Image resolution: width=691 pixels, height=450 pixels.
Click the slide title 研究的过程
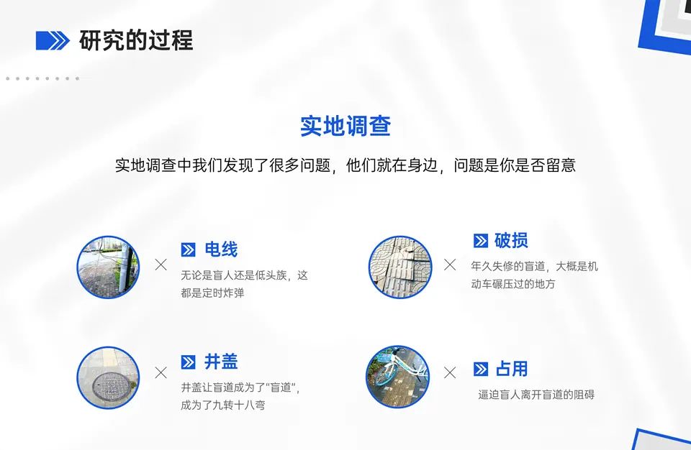(136, 41)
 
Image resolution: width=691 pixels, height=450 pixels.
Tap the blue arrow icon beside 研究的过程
(53, 41)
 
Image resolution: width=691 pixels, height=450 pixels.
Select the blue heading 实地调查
(345, 127)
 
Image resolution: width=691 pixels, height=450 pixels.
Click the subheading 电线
(221, 250)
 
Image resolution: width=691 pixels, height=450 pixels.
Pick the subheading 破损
(511, 241)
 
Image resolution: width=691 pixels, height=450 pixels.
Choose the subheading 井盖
(221, 362)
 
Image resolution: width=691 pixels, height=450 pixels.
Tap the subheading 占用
(512, 369)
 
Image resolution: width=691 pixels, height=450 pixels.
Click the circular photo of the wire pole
(108, 267)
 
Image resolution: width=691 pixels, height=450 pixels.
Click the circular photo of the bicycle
(397, 377)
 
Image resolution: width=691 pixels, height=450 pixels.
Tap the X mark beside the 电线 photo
(161, 265)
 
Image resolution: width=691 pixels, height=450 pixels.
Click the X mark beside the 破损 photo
(450, 265)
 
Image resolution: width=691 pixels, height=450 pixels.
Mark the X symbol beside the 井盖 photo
(161, 372)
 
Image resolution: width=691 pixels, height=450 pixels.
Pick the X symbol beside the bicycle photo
(450, 372)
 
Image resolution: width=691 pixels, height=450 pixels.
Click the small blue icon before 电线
(189, 250)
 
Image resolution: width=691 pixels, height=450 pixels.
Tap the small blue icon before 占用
(481, 369)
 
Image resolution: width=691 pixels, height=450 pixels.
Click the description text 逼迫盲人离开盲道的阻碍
(536, 395)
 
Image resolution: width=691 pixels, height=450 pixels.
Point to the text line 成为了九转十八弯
(223, 405)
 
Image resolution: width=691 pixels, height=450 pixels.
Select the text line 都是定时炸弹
(212, 293)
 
